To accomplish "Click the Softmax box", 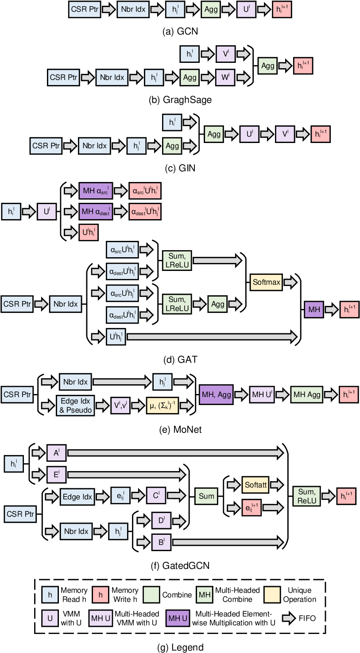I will coord(266,282).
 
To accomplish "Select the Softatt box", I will coord(255,485).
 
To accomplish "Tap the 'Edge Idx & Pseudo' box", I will coord(75,405).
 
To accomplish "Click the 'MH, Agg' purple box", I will coord(216,394).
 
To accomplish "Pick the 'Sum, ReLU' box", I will coord(306,496).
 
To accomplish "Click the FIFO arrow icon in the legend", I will coord(289,618).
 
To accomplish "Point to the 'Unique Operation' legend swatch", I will coord(272,595).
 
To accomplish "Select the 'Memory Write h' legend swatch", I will coord(101,595).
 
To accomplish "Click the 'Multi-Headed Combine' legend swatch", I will coord(205,595).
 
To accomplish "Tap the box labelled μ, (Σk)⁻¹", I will coord(163,405).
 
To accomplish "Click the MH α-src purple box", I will coord(96,190).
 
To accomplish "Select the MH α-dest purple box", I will coord(96,212).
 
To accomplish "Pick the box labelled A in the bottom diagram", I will coord(56,452).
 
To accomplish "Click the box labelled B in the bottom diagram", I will coord(161,542).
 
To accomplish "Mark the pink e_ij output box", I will coord(252,507).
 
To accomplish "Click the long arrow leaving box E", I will coord(126,475).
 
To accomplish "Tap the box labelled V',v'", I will coord(120,405).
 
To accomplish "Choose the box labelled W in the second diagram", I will coord(225,77).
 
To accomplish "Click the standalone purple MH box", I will coord(314,309).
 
